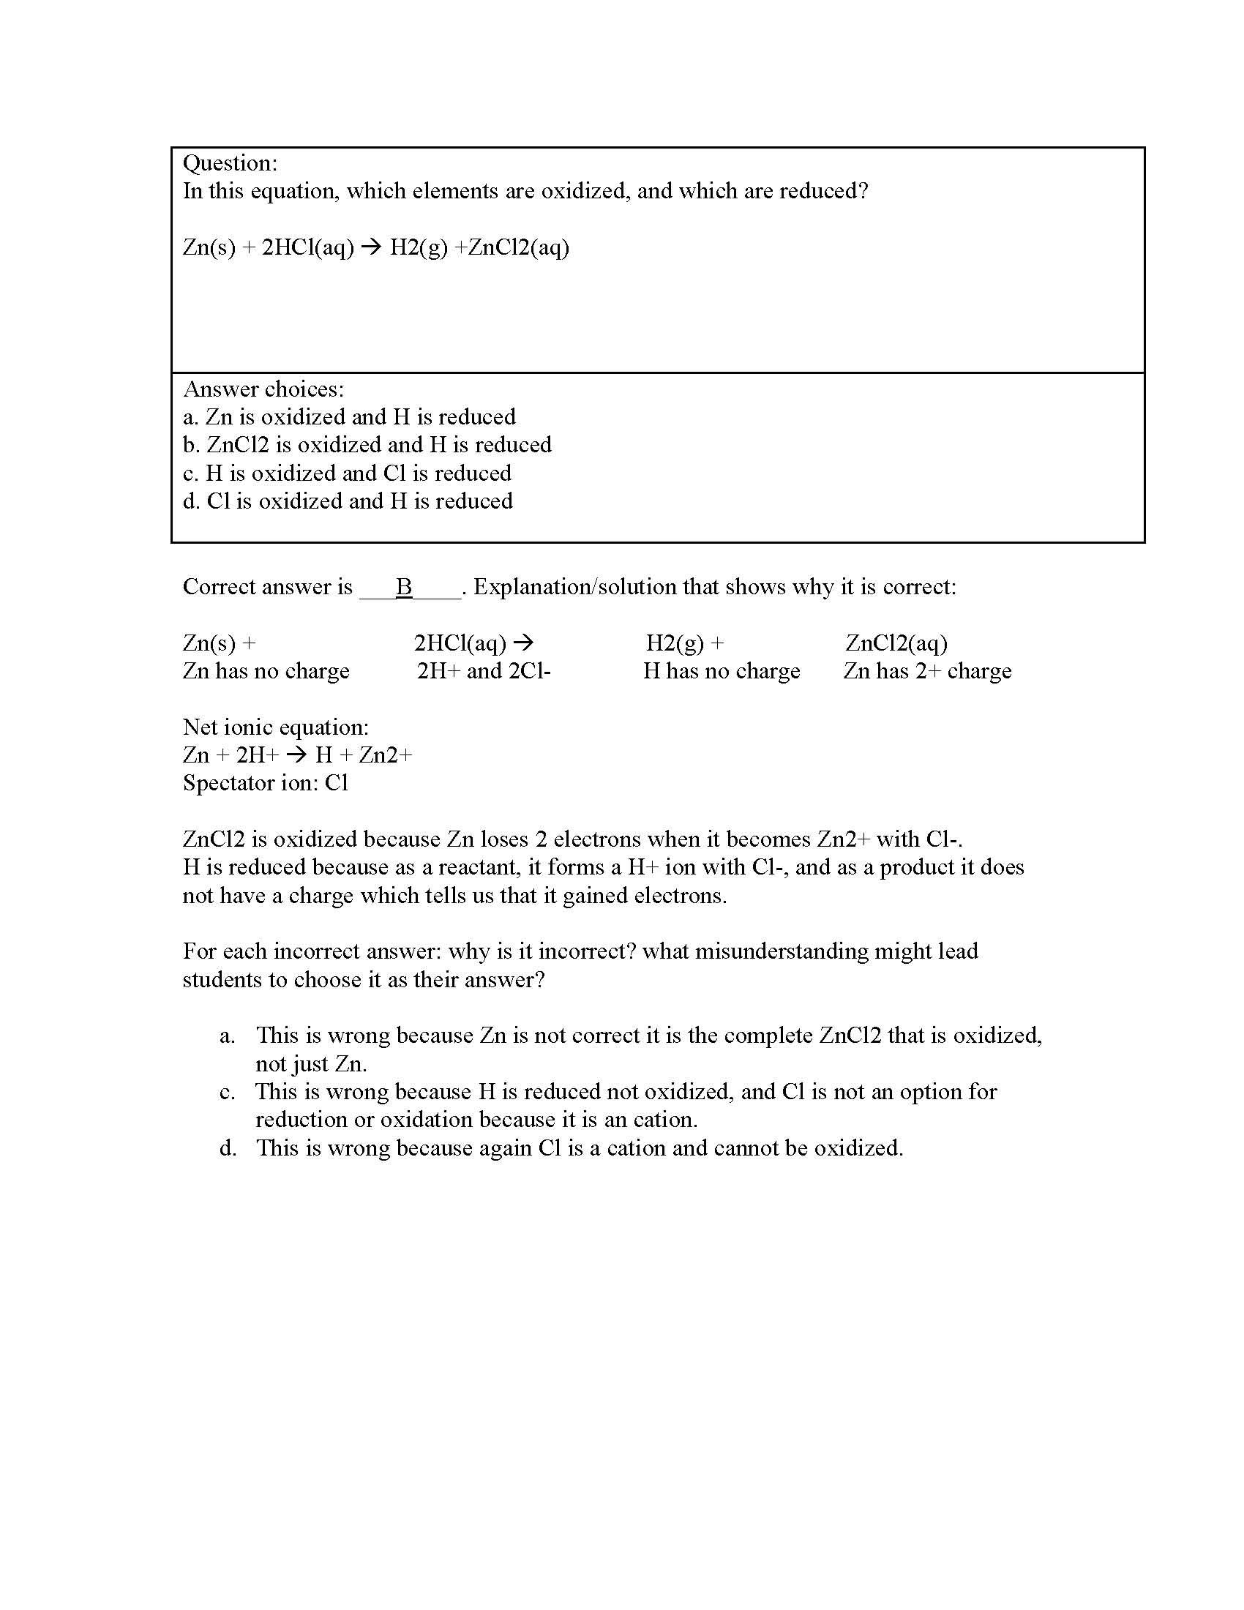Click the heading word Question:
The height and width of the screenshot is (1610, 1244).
pos(230,164)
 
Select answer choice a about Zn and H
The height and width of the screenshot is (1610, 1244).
pos(348,417)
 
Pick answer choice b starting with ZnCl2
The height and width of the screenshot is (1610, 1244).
pos(367,445)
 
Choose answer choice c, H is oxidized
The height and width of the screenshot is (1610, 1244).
pos(346,473)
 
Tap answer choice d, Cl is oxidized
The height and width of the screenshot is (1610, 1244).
pos(347,501)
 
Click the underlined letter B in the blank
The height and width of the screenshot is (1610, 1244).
pos(404,587)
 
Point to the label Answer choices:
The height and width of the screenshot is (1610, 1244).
pos(263,389)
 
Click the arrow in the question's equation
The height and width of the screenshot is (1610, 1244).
pos(372,247)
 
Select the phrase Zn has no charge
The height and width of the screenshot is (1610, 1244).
pos(266,672)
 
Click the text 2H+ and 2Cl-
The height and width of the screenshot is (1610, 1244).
pos(484,672)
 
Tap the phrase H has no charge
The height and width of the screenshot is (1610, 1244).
pos(722,672)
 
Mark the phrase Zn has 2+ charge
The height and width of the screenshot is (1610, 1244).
pos(927,672)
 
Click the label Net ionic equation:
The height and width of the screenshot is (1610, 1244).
pos(276,727)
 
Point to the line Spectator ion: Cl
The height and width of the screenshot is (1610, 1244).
pos(266,783)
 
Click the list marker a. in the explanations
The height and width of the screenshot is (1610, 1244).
pos(227,1036)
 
